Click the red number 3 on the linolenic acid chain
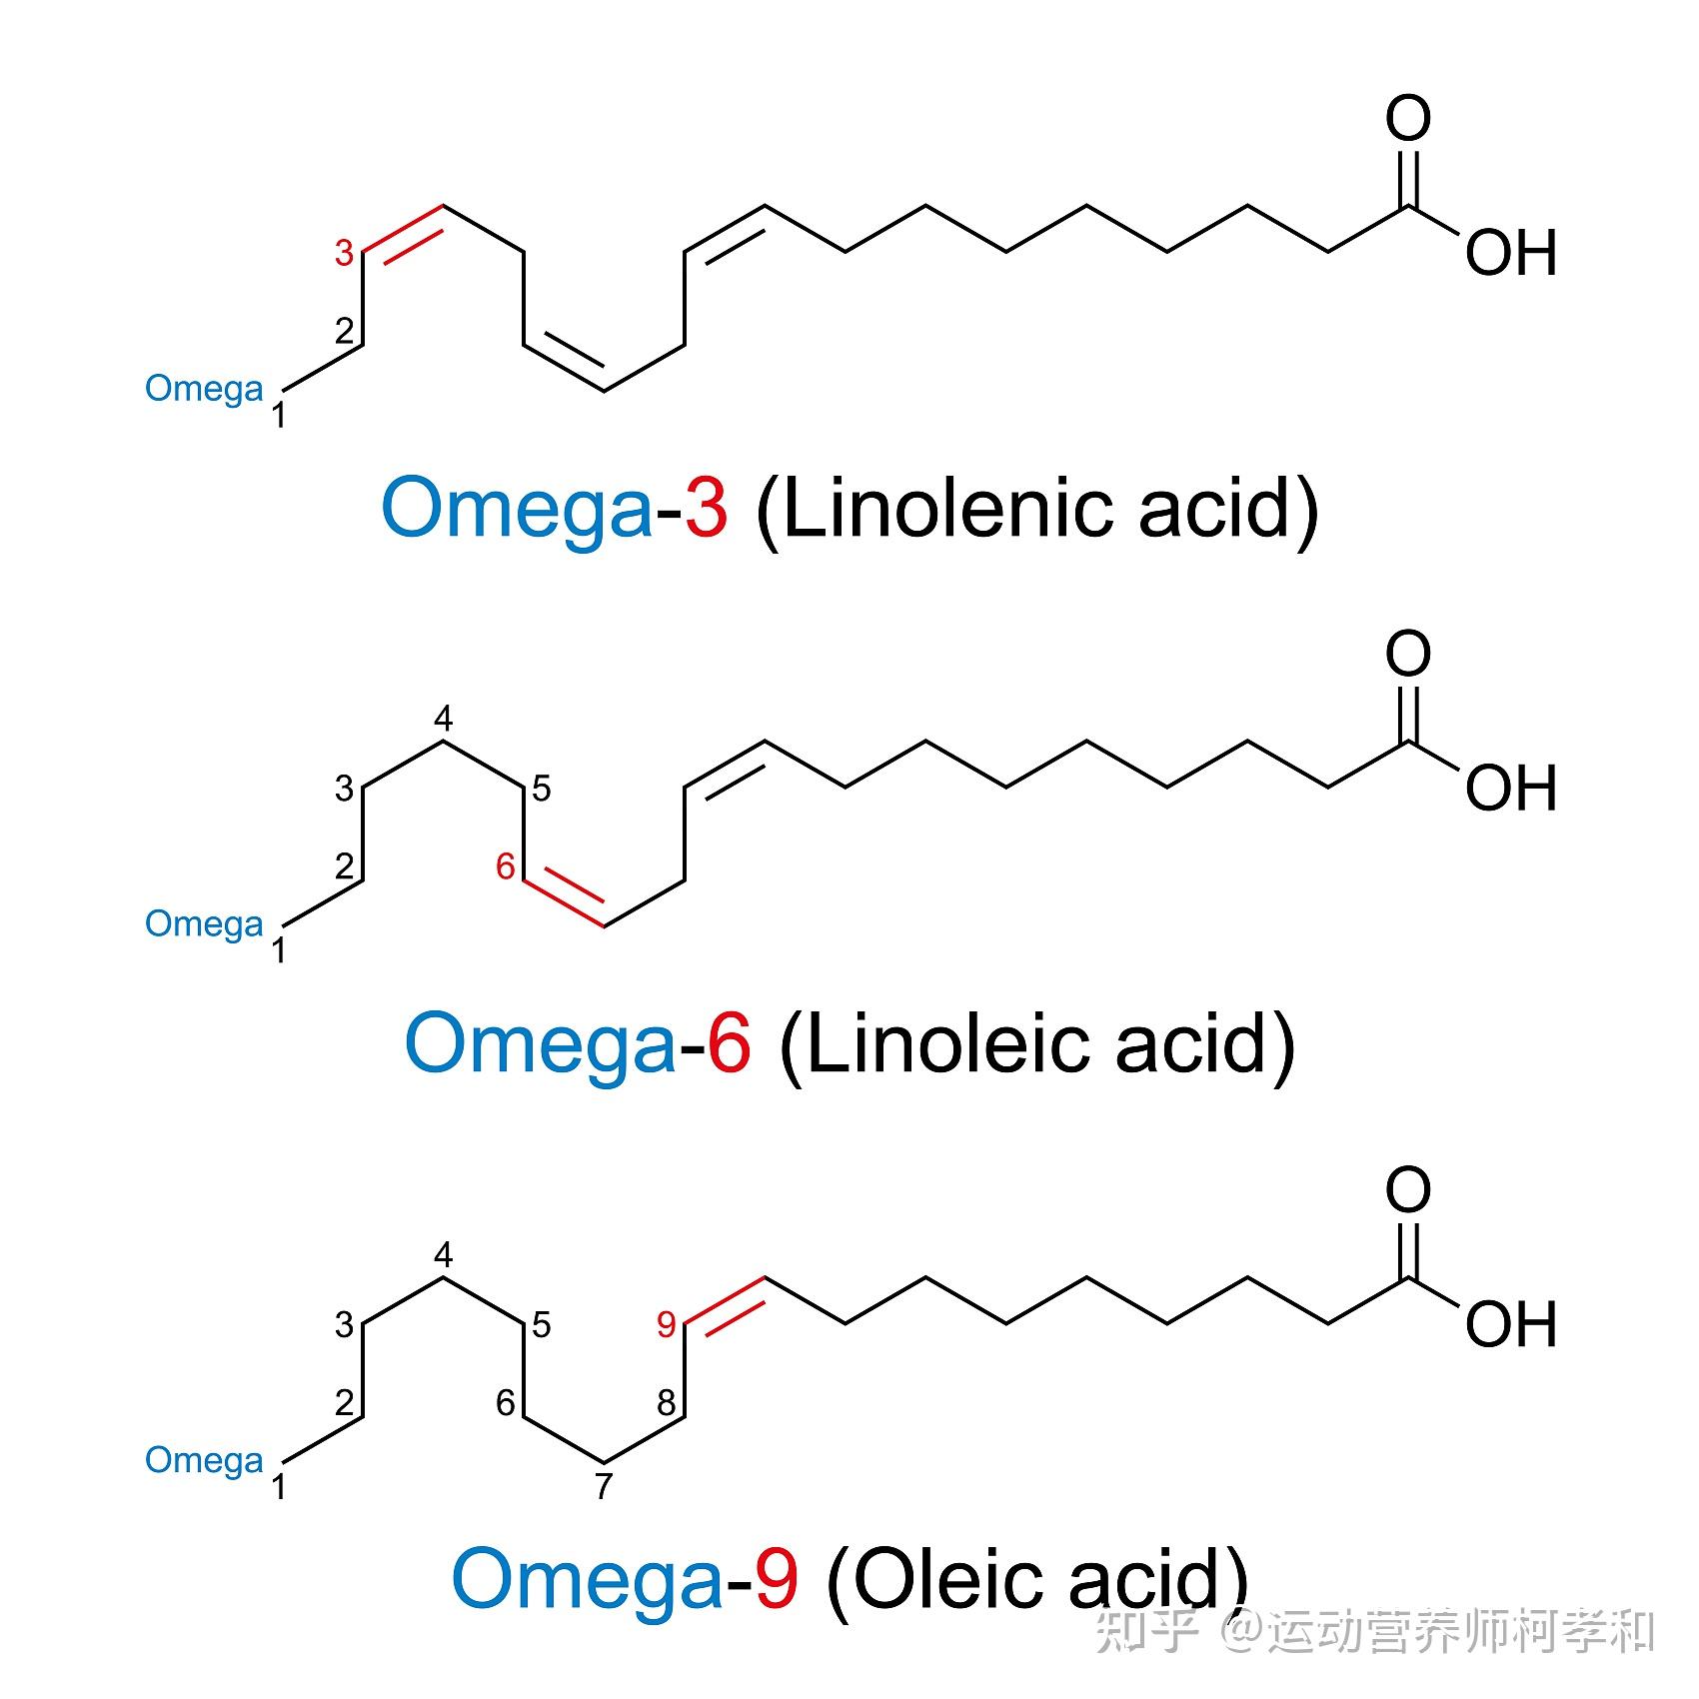pyautogui.click(x=344, y=253)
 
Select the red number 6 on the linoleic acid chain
pyautogui.click(x=506, y=866)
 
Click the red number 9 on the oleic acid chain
pyautogui.click(x=667, y=1325)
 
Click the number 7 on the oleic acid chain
pyautogui.click(x=603, y=1487)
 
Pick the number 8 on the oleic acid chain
pyautogui.click(x=667, y=1402)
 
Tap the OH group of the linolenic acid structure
pyautogui.click(x=1510, y=254)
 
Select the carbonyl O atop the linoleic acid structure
pyautogui.click(x=1407, y=654)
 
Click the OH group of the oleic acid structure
pyautogui.click(x=1510, y=1325)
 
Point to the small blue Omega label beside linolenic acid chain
pyautogui.click(x=205, y=389)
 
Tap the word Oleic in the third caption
pyautogui.click(x=944, y=1580)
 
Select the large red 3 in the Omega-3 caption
pyautogui.click(x=706, y=508)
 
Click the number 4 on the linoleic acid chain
pyautogui.click(x=443, y=719)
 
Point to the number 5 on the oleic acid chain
pyautogui.click(x=541, y=1325)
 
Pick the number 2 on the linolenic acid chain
pyautogui.click(x=345, y=331)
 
